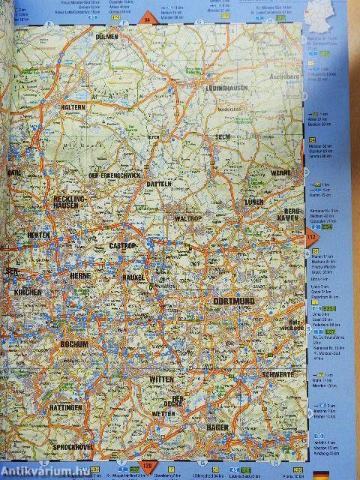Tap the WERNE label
(x=280, y=173)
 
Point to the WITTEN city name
(x=160, y=379)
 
